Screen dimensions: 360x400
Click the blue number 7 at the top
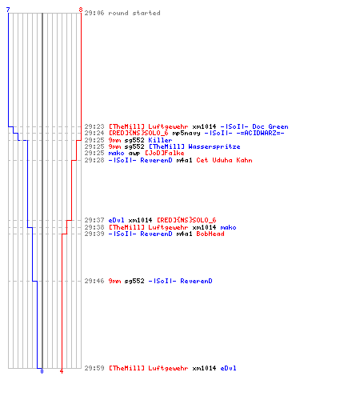8,10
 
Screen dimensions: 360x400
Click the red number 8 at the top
81,10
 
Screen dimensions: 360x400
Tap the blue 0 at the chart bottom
42,371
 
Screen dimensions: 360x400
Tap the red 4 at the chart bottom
62,371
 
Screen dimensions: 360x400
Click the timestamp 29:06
94,13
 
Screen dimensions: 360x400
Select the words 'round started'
134,13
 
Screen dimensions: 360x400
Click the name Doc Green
270,126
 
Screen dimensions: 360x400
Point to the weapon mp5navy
186,133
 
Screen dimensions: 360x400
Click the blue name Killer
160,140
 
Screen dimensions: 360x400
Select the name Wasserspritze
214,146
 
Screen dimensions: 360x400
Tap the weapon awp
134,153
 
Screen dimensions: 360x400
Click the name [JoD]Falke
164,153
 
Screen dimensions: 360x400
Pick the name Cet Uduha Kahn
224,160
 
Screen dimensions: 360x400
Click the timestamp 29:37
94,220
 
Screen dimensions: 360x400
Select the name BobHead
210,234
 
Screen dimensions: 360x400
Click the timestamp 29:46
94,281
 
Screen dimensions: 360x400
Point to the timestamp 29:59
94,368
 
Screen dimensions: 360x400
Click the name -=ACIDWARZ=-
260,133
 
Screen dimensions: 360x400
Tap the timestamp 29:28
94,160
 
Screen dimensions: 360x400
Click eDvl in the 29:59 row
228,368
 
